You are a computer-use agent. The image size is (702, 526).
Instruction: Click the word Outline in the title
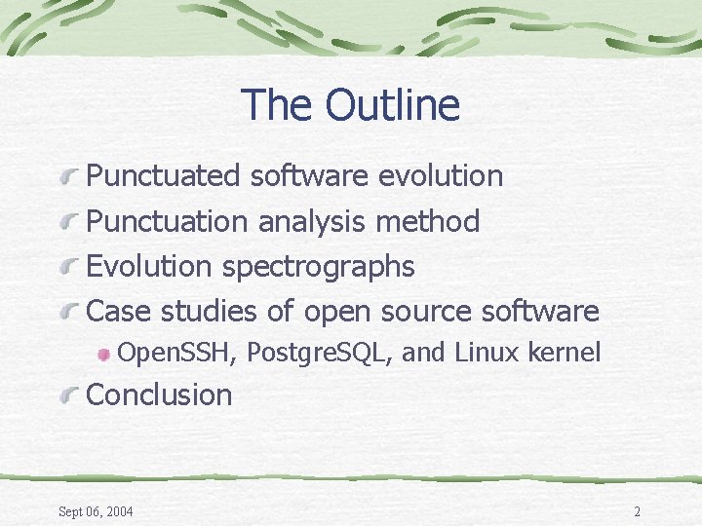coord(393,105)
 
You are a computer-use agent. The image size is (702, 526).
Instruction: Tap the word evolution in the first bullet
coord(440,176)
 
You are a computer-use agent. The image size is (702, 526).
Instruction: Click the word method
coord(428,222)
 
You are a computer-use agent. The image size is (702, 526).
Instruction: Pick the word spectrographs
coord(318,266)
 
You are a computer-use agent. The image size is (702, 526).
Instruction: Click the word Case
coord(120,312)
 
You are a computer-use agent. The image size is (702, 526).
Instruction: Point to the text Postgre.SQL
coord(319,354)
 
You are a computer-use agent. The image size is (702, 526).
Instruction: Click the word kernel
coord(564,353)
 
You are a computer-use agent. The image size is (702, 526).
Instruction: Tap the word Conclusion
coord(160,395)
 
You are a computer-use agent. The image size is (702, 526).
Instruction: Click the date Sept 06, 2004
coord(97,512)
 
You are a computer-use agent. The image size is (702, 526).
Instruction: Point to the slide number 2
coord(637,512)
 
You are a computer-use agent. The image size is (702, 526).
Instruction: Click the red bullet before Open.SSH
coord(103,355)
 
